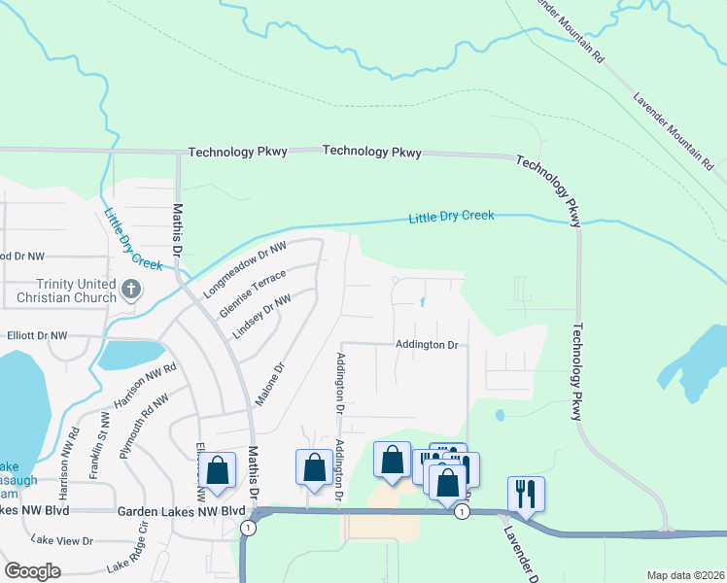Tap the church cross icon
(x=132, y=289)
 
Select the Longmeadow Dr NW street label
(x=247, y=270)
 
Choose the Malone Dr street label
(x=269, y=385)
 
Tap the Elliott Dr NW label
(x=36, y=335)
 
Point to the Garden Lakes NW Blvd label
(x=181, y=510)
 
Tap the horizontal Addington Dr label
(x=427, y=345)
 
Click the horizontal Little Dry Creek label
(x=451, y=216)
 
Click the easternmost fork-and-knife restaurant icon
(x=526, y=493)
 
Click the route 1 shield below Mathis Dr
(x=250, y=528)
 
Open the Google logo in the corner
(x=33, y=571)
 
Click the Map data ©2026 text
(x=684, y=575)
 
